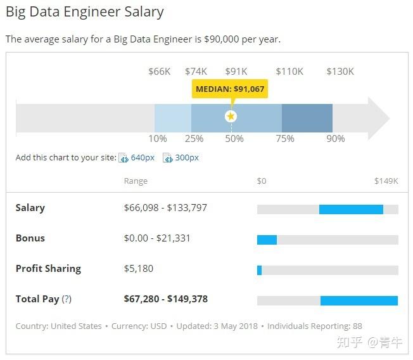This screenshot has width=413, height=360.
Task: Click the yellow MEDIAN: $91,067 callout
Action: pyautogui.click(x=230, y=89)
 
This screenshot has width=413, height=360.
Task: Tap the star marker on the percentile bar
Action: pyautogui.click(x=231, y=116)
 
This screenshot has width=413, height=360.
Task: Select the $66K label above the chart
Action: pyautogui.click(x=159, y=71)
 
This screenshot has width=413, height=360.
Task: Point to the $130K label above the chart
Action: pyautogui.click(x=340, y=71)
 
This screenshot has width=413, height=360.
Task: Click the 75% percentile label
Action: pyautogui.click(x=285, y=139)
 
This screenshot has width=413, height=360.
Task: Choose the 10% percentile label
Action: pyautogui.click(x=158, y=139)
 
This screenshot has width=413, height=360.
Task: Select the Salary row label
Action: pyautogui.click(x=30, y=208)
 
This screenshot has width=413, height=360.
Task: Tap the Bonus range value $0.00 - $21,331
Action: pyautogui.click(x=157, y=238)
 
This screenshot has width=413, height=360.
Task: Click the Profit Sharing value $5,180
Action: pyautogui.click(x=139, y=269)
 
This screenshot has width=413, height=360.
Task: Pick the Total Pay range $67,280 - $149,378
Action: pyautogui.click(x=166, y=299)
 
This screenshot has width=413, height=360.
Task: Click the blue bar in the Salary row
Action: pyautogui.click(x=351, y=209)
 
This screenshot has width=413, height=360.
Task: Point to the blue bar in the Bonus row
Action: pyautogui.click(x=267, y=240)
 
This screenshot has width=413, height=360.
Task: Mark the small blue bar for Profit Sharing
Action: pyautogui.click(x=259, y=270)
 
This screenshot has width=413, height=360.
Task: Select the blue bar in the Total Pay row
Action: pyautogui.click(x=359, y=300)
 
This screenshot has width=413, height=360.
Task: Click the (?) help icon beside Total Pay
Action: pyautogui.click(x=67, y=299)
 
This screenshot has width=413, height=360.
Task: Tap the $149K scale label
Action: pyautogui.click(x=386, y=181)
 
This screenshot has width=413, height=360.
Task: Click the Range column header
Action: pyautogui.click(x=136, y=181)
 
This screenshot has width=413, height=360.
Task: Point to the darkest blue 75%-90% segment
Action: pyautogui.click(x=307, y=118)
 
